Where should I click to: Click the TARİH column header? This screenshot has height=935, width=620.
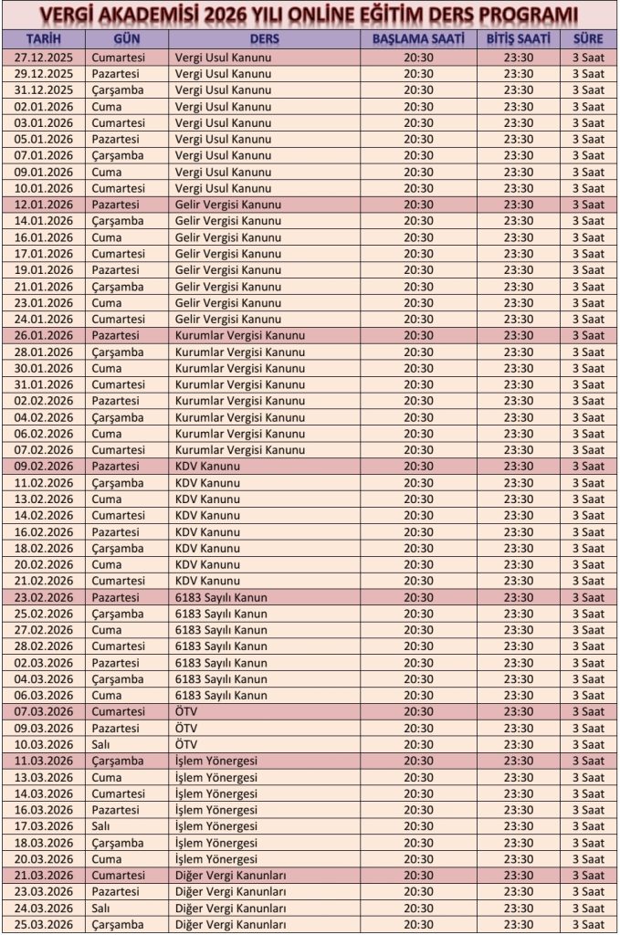(x=44, y=39)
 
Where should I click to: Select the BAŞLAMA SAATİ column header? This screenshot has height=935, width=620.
(x=418, y=39)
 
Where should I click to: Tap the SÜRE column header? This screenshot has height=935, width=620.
(x=587, y=39)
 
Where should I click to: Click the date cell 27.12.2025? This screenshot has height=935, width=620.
(x=44, y=57)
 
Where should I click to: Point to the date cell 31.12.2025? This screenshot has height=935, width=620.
(x=44, y=89)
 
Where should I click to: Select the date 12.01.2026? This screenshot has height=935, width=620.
(x=44, y=204)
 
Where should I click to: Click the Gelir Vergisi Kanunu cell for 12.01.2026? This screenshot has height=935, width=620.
(x=228, y=204)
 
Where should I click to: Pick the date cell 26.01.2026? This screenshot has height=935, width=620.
(x=44, y=335)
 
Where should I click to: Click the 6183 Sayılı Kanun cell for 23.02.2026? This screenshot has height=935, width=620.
(x=221, y=597)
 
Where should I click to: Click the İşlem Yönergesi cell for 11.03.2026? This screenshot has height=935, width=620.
(x=216, y=761)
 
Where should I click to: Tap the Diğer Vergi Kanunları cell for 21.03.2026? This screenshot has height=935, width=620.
(x=231, y=875)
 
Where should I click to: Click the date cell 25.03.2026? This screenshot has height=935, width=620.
(x=44, y=924)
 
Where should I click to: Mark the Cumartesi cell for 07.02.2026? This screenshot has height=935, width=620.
(x=118, y=449)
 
